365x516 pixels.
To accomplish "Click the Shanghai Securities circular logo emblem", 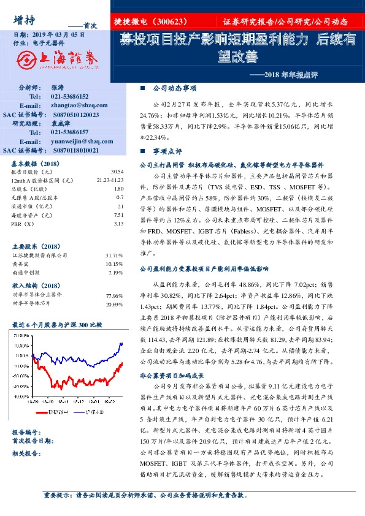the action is point(26,59).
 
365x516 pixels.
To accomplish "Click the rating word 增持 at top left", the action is point(24,20).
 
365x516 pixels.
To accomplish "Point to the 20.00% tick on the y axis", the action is point(22,335).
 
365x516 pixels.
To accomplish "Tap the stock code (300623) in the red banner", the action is point(175,21).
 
